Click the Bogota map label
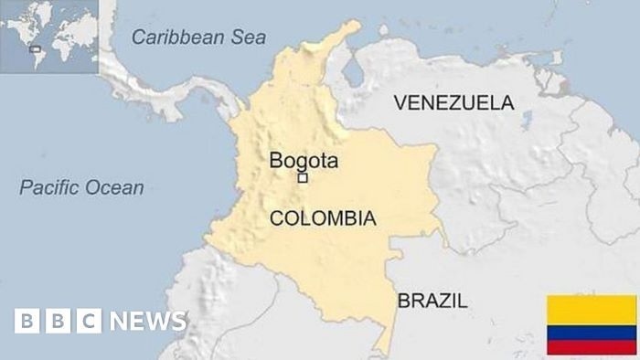pos(304,162)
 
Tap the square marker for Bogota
pos(302,179)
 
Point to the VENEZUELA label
pos(453,102)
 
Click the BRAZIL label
pos(432,300)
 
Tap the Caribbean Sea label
pos(198,37)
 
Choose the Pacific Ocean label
pos(82,188)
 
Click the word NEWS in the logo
pos(148,321)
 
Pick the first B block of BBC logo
pos(27,321)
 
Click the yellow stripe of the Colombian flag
pos(592,310)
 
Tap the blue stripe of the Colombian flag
pos(592,333)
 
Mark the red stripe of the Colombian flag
pos(592,347)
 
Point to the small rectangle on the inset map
pos(35,48)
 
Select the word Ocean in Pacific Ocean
pos(115,188)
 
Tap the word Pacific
pos(51,188)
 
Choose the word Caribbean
pos(177,37)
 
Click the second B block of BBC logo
pos(58,321)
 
